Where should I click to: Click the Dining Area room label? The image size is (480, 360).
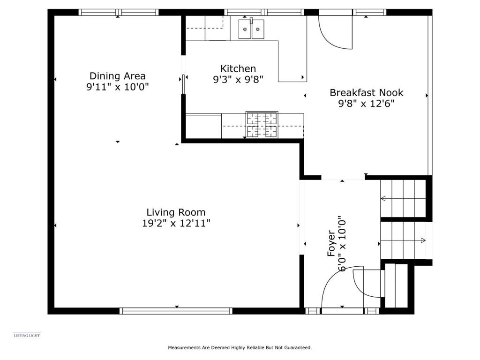pos(118,76)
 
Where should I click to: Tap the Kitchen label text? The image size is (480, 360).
pos(238,68)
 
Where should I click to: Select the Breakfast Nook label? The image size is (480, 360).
pos(367,93)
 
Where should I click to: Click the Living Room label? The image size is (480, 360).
pos(176,212)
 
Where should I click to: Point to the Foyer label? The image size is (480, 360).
pos(331,243)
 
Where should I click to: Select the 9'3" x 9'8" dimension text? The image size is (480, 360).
pos(238,80)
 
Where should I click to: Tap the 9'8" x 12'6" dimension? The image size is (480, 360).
pos(366,104)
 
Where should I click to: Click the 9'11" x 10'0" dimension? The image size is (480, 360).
pos(118,87)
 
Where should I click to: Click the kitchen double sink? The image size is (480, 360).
pos(251,29)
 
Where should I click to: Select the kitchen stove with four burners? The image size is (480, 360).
pos(262,125)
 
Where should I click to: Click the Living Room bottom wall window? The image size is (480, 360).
pos(176,311)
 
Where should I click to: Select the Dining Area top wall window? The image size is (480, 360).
pos(119,12)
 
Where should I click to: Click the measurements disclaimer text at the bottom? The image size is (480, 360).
pos(240,347)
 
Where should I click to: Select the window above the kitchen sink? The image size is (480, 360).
pos(264,12)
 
